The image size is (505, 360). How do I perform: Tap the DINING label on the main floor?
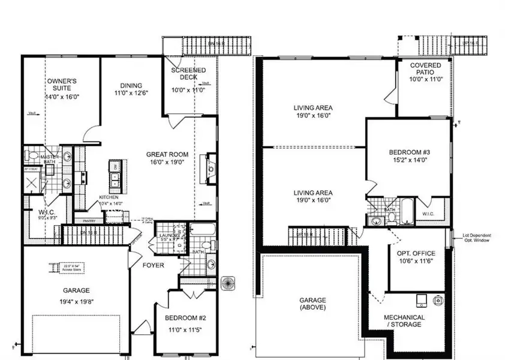point(131,85)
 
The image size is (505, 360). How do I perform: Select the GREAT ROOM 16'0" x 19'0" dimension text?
point(164,161)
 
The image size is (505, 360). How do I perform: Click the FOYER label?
point(155,265)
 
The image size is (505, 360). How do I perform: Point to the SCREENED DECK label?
point(189,74)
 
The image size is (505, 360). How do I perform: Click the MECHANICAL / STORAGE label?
point(404,321)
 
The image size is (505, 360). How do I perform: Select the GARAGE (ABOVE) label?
point(313,303)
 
